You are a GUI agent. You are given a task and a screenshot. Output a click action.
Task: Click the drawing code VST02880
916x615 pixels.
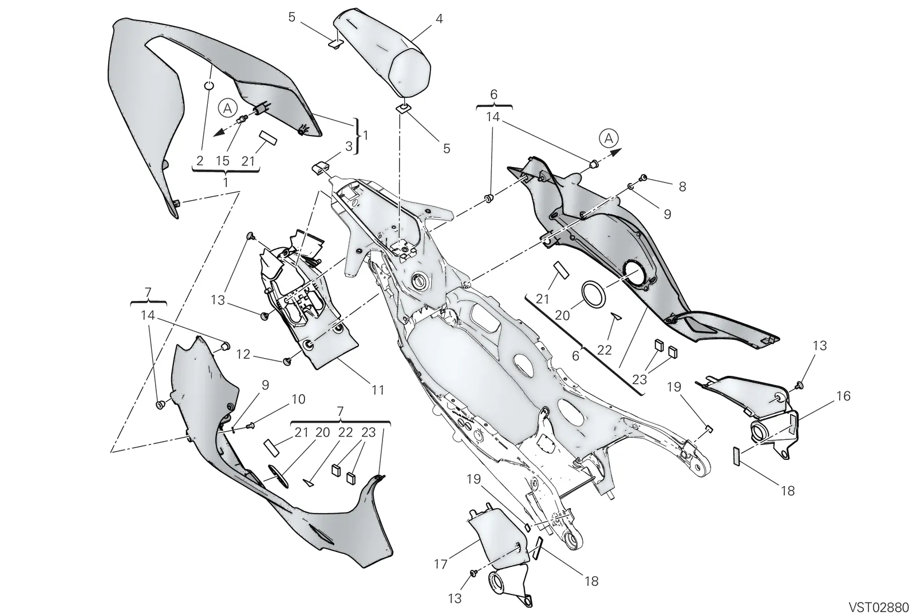click(x=879, y=606)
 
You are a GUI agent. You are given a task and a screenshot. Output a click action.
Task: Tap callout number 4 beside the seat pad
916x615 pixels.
click(x=439, y=19)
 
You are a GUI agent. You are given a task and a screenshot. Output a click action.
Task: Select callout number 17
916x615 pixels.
click(x=440, y=564)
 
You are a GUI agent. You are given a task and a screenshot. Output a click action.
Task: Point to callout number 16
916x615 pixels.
click(x=844, y=396)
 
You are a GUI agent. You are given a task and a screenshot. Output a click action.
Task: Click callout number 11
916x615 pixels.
click(x=377, y=390)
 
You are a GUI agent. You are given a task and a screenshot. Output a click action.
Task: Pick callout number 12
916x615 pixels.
click(x=243, y=354)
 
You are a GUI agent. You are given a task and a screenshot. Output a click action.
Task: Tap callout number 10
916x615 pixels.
click(x=298, y=399)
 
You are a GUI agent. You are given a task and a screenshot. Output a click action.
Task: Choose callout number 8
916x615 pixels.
click(x=682, y=187)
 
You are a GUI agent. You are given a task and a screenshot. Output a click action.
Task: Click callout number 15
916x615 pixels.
click(x=223, y=161)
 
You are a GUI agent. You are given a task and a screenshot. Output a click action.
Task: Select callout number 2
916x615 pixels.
click(x=200, y=161)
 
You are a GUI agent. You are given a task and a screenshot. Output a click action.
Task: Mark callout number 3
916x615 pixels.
click(x=349, y=146)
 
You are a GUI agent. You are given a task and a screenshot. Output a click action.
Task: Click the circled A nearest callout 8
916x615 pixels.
click(x=609, y=139)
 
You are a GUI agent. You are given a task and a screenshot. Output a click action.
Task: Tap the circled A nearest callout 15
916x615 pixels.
click(x=228, y=108)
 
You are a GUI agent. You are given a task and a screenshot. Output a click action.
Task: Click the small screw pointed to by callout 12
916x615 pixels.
click(x=287, y=361)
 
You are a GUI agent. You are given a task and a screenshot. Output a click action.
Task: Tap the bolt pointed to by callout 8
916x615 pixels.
click(x=643, y=177)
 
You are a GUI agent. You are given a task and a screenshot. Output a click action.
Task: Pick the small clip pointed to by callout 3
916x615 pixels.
click(x=320, y=168)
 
